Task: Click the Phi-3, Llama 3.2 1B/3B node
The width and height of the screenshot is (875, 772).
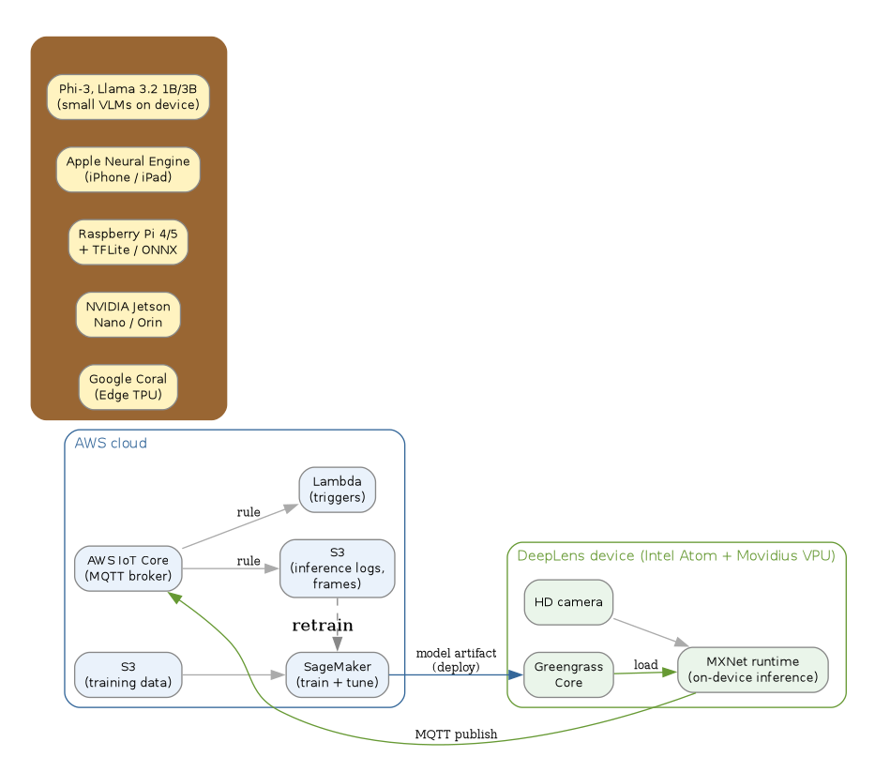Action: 128,97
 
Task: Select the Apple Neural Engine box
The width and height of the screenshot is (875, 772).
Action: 128,169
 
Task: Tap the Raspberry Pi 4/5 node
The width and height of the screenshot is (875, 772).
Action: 128,241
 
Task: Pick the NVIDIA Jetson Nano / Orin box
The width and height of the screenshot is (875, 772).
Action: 128,314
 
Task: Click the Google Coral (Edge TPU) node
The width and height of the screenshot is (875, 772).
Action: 128,386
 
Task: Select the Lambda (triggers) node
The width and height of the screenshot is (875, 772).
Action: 337,490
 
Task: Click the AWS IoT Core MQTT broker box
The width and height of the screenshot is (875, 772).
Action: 128,568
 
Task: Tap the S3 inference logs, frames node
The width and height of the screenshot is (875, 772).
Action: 337,568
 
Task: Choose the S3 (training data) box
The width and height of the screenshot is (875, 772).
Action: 128,674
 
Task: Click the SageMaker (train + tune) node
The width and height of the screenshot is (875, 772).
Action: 337,674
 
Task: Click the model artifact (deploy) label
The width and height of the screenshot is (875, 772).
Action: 456,660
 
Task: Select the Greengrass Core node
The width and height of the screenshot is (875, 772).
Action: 568,674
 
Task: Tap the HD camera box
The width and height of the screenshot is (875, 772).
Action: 568,602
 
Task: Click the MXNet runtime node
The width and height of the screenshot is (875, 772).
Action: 752,670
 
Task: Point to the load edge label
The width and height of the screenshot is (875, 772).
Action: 645,665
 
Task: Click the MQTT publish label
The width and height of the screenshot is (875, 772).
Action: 456,734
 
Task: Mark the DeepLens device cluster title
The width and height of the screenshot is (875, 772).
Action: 675,555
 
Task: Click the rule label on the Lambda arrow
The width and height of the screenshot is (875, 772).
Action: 249,512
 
